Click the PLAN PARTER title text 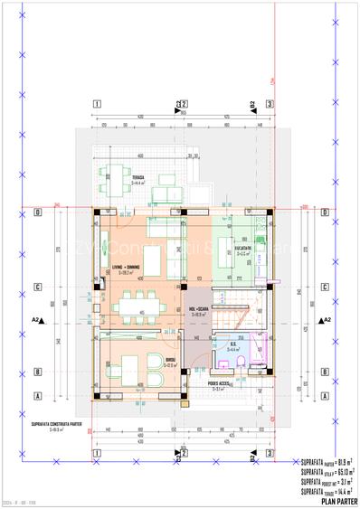(x=334, y=499)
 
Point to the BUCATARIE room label (x=243, y=246)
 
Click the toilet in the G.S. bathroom (x=246, y=364)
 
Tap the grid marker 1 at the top (x=97, y=104)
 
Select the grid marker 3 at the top (x=270, y=104)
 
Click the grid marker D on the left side (x=38, y=213)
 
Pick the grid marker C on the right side (x=323, y=288)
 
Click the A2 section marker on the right (x=325, y=320)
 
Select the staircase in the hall (x=234, y=307)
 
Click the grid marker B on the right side (x=323, y=371)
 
